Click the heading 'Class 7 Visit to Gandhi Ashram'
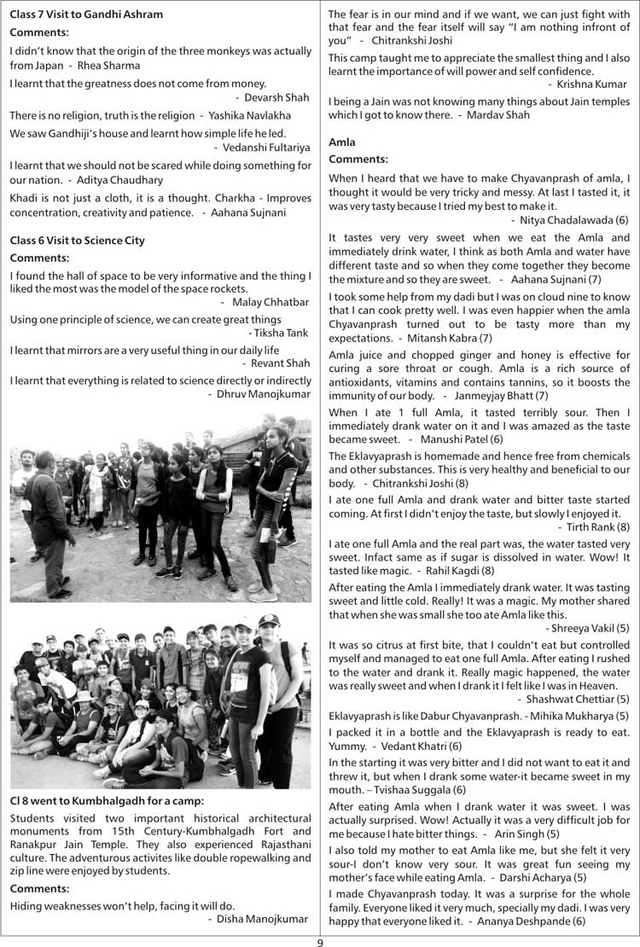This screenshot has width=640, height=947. pyautogui.click(x=86, y=15)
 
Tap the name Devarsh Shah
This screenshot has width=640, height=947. pyautogui.click(x=278, y=98)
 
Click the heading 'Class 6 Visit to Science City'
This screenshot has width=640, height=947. pyautogui.click(x=77, y=241)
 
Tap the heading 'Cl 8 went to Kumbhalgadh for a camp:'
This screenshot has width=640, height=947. pyautogui.click(x=107, y=801)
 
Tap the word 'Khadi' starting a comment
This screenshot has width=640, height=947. pyautogui.click(x=24, y=197)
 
